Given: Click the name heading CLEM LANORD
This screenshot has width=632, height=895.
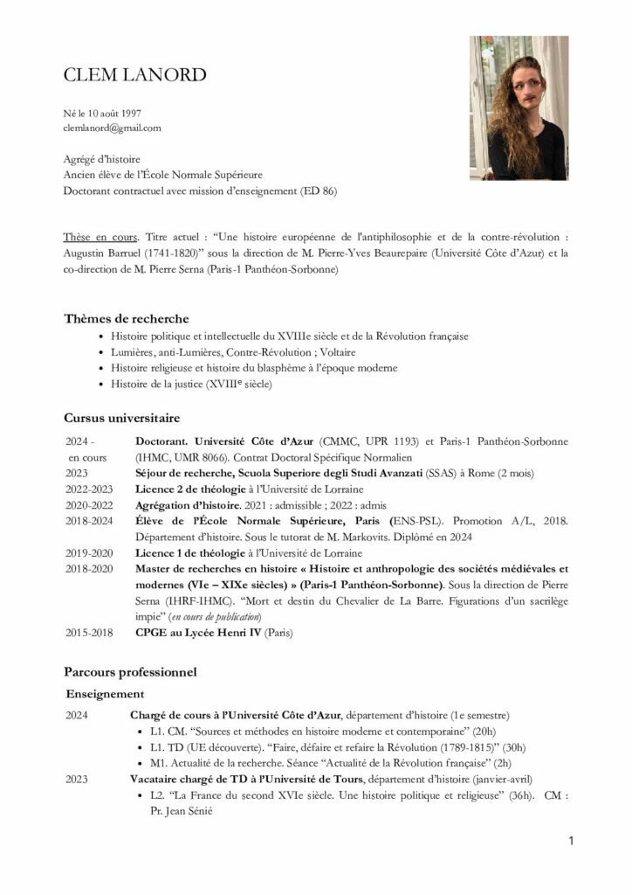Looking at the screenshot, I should click(x=134, y=75).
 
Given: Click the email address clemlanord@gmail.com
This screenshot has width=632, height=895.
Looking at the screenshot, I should click(x=112, y=128).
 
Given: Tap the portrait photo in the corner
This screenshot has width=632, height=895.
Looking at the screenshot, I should click(x=519, y=108).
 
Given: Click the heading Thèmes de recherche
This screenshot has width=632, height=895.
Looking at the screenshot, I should click(x=126, y=318).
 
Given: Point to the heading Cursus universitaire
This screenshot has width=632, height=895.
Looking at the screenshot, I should click(x=121, y=418).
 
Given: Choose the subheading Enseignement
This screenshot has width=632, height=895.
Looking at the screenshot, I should click(x=105, y=693).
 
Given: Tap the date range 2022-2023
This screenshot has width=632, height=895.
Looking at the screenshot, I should click(x=89, y=489).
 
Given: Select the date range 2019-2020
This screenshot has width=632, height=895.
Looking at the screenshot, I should click(x=89, y=552).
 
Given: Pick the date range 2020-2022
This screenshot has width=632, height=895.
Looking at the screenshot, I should click(x=89, y=505).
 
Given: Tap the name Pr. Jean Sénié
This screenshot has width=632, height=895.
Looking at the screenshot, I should click(x=178, y=810).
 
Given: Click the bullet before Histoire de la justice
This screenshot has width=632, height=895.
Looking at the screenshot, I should click(x=102, y=384).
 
